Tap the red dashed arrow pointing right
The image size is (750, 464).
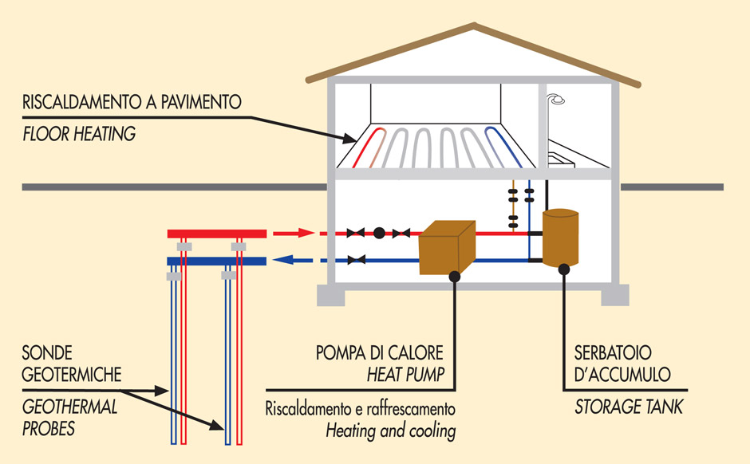tap(294, 234)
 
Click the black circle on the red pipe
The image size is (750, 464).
tap(379, 233)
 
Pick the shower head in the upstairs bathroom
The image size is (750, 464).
tap(556, 100)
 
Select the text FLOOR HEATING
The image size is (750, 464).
tap(79, 134)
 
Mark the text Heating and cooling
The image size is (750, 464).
tap(390, 431)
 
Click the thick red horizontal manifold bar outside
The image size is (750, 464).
tap(215, 233)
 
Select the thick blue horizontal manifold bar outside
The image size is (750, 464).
tap(215, 261)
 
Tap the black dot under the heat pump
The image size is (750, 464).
tap(454, 277)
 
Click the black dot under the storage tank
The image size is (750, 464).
tap(563, 269)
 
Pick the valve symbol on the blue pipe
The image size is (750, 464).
tap(357, 259)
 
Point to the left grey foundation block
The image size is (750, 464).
tap(331, 295)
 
